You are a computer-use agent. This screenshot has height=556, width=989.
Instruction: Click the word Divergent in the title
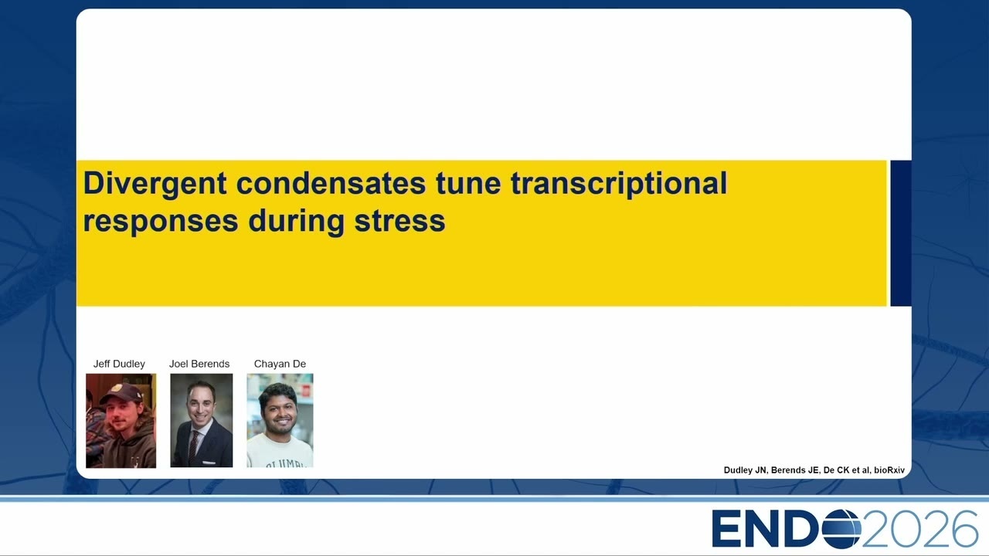pyautogui.click(x=155, y=184)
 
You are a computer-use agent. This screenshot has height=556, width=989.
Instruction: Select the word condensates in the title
pyautogui.click(x=331, y=183)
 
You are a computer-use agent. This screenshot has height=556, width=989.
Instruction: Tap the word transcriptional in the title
pyautogui.click(x=619, y=184)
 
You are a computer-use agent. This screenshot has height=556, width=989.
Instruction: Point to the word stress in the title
pyautogui.click(x=400, y=221)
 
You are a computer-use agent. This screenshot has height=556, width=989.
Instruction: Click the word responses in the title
pyautogui.click(x=161, y=222)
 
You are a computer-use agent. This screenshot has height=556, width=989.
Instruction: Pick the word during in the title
pyautogui.click(x=296, y=221)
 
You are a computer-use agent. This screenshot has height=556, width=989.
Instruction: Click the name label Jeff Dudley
pyautogui.click(x=119, y=364)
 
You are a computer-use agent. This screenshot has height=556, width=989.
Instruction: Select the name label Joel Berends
pyautogui.click(x=199, y=364)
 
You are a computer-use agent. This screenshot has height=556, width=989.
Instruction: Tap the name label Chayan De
pyautogui.click(x=280, y=364)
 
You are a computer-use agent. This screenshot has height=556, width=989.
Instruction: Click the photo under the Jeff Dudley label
pyautogui.click(x=121, y=421)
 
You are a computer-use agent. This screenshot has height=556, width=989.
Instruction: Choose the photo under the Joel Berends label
pyautogui.click(x=202, y=421)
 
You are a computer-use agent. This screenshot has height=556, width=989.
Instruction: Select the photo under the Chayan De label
pyautogui.click(x=280, y=421)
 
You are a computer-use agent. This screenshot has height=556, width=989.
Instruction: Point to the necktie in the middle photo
pyautogui.click(x=194, y=446)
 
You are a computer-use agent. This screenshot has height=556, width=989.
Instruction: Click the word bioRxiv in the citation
pyautogui.click(x=889, y=470)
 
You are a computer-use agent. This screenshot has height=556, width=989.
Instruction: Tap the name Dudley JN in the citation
pyautogui.click(x=745, y=470)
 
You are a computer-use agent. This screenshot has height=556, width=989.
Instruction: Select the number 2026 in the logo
pyautogui.click(x=919, y=528)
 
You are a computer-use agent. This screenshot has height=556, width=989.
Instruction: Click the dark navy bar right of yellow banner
pyautogui.click(x=901, y=233)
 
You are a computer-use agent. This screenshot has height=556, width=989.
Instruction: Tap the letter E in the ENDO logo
pyautogui.click(x=727, y=529)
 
